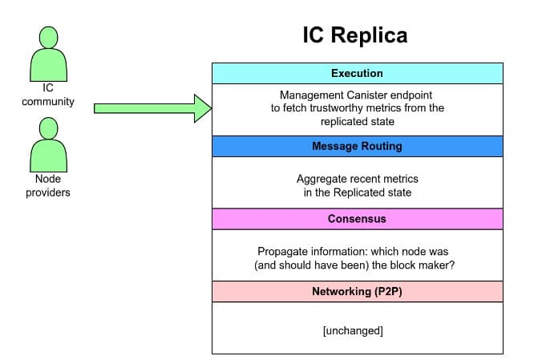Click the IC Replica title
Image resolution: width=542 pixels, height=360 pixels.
click(x=354, y=35)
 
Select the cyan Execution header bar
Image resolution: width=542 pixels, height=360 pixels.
click(x=357, y=74)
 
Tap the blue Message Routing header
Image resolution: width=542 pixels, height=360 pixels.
click(x=357, y=147)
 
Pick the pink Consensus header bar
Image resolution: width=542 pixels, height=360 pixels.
click(x=357, y=219)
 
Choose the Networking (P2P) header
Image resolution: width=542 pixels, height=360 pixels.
click(x=357, y=291)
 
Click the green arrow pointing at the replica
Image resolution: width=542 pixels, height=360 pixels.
click(x=152, y=107)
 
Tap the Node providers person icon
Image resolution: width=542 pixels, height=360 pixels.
click(x=48, y=144)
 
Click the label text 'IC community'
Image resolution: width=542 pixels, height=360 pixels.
click(x=48, y=95)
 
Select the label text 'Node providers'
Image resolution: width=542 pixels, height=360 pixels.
click(x=48, y=186)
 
